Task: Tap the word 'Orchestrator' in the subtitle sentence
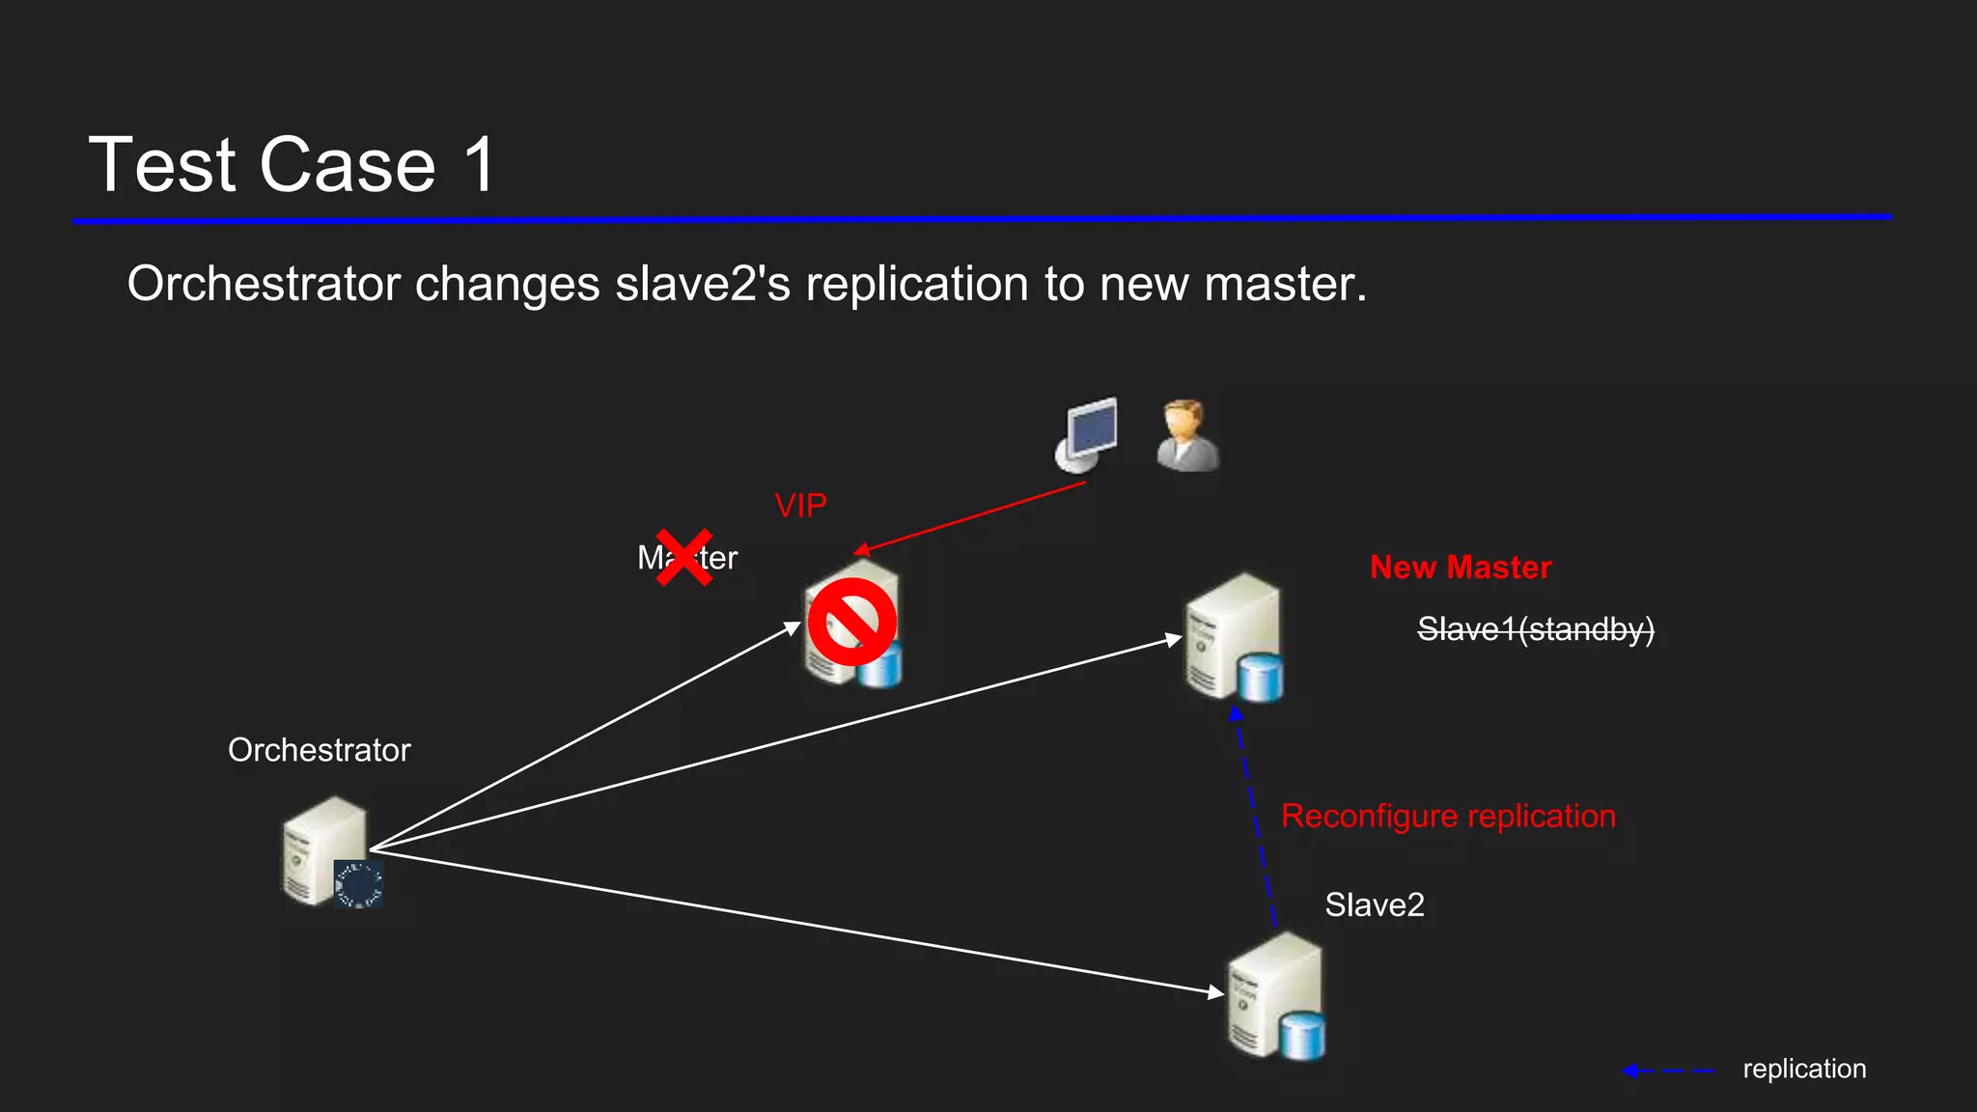[x=264, y=284]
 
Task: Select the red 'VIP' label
[x=800, y=506]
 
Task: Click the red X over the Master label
[x=683, y=557]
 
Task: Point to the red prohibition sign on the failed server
[x=851, y=622]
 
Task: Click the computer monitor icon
[x=1088, y=434]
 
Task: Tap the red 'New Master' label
[x=1461, y=568]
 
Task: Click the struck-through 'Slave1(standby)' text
[x=1535, y=629]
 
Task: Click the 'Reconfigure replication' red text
[x=1448, y=817]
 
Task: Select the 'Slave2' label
[x=1374, y=905]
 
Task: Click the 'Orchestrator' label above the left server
[x=319, y=750]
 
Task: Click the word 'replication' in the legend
[x=1804, y=1069]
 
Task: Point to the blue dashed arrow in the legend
[x=1668, y=1070]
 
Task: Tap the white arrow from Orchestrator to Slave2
[x=792, y=921]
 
